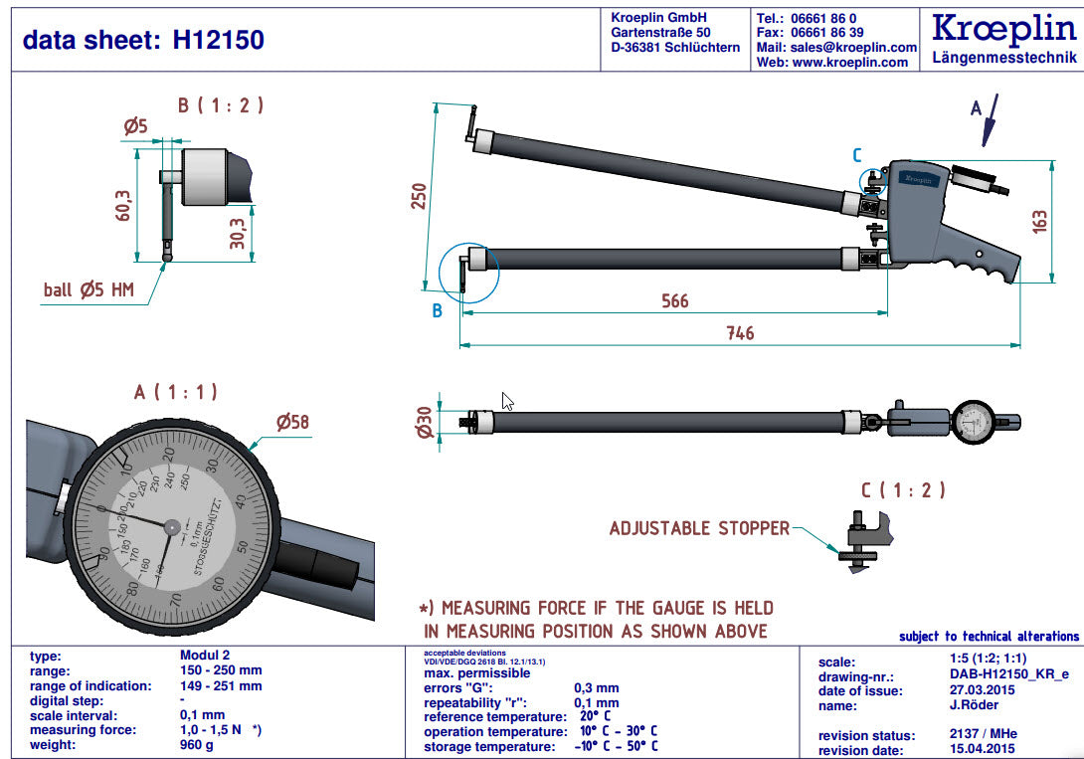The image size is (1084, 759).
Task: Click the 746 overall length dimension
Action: click(x=739, y=333)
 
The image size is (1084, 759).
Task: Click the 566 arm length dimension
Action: click(x=674, y=300)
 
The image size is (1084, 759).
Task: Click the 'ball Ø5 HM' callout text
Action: click(x=89, y=289)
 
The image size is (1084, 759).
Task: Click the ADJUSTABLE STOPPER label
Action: click(x=699, y=528)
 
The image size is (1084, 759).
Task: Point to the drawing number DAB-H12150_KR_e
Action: click(x=994, y=675)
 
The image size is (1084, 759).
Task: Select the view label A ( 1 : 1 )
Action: click(x=175, y=392)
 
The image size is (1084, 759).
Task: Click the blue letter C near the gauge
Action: click(x=857, y=155)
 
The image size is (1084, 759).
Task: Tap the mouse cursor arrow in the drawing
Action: click(x=508, y=401)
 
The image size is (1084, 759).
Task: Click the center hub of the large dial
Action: click(x=171, y=526)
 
